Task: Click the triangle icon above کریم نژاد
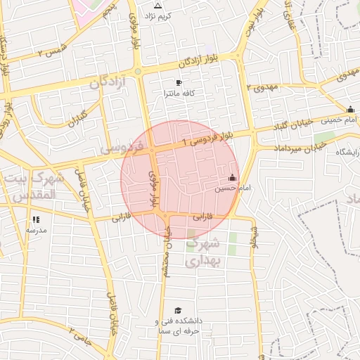pos(158,6)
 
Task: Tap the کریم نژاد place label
pos(158,15)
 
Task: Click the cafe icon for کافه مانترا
pos(179,83)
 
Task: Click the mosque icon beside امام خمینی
pos(350,109)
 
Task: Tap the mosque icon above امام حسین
pos(233,177)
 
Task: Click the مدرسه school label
pos(36,230)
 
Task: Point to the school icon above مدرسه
pos(36,219)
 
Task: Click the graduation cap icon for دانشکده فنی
pos(178,310)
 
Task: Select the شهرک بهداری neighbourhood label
pos(204,252)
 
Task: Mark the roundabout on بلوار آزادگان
pos(138,71)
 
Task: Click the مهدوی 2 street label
pos(263,86)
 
